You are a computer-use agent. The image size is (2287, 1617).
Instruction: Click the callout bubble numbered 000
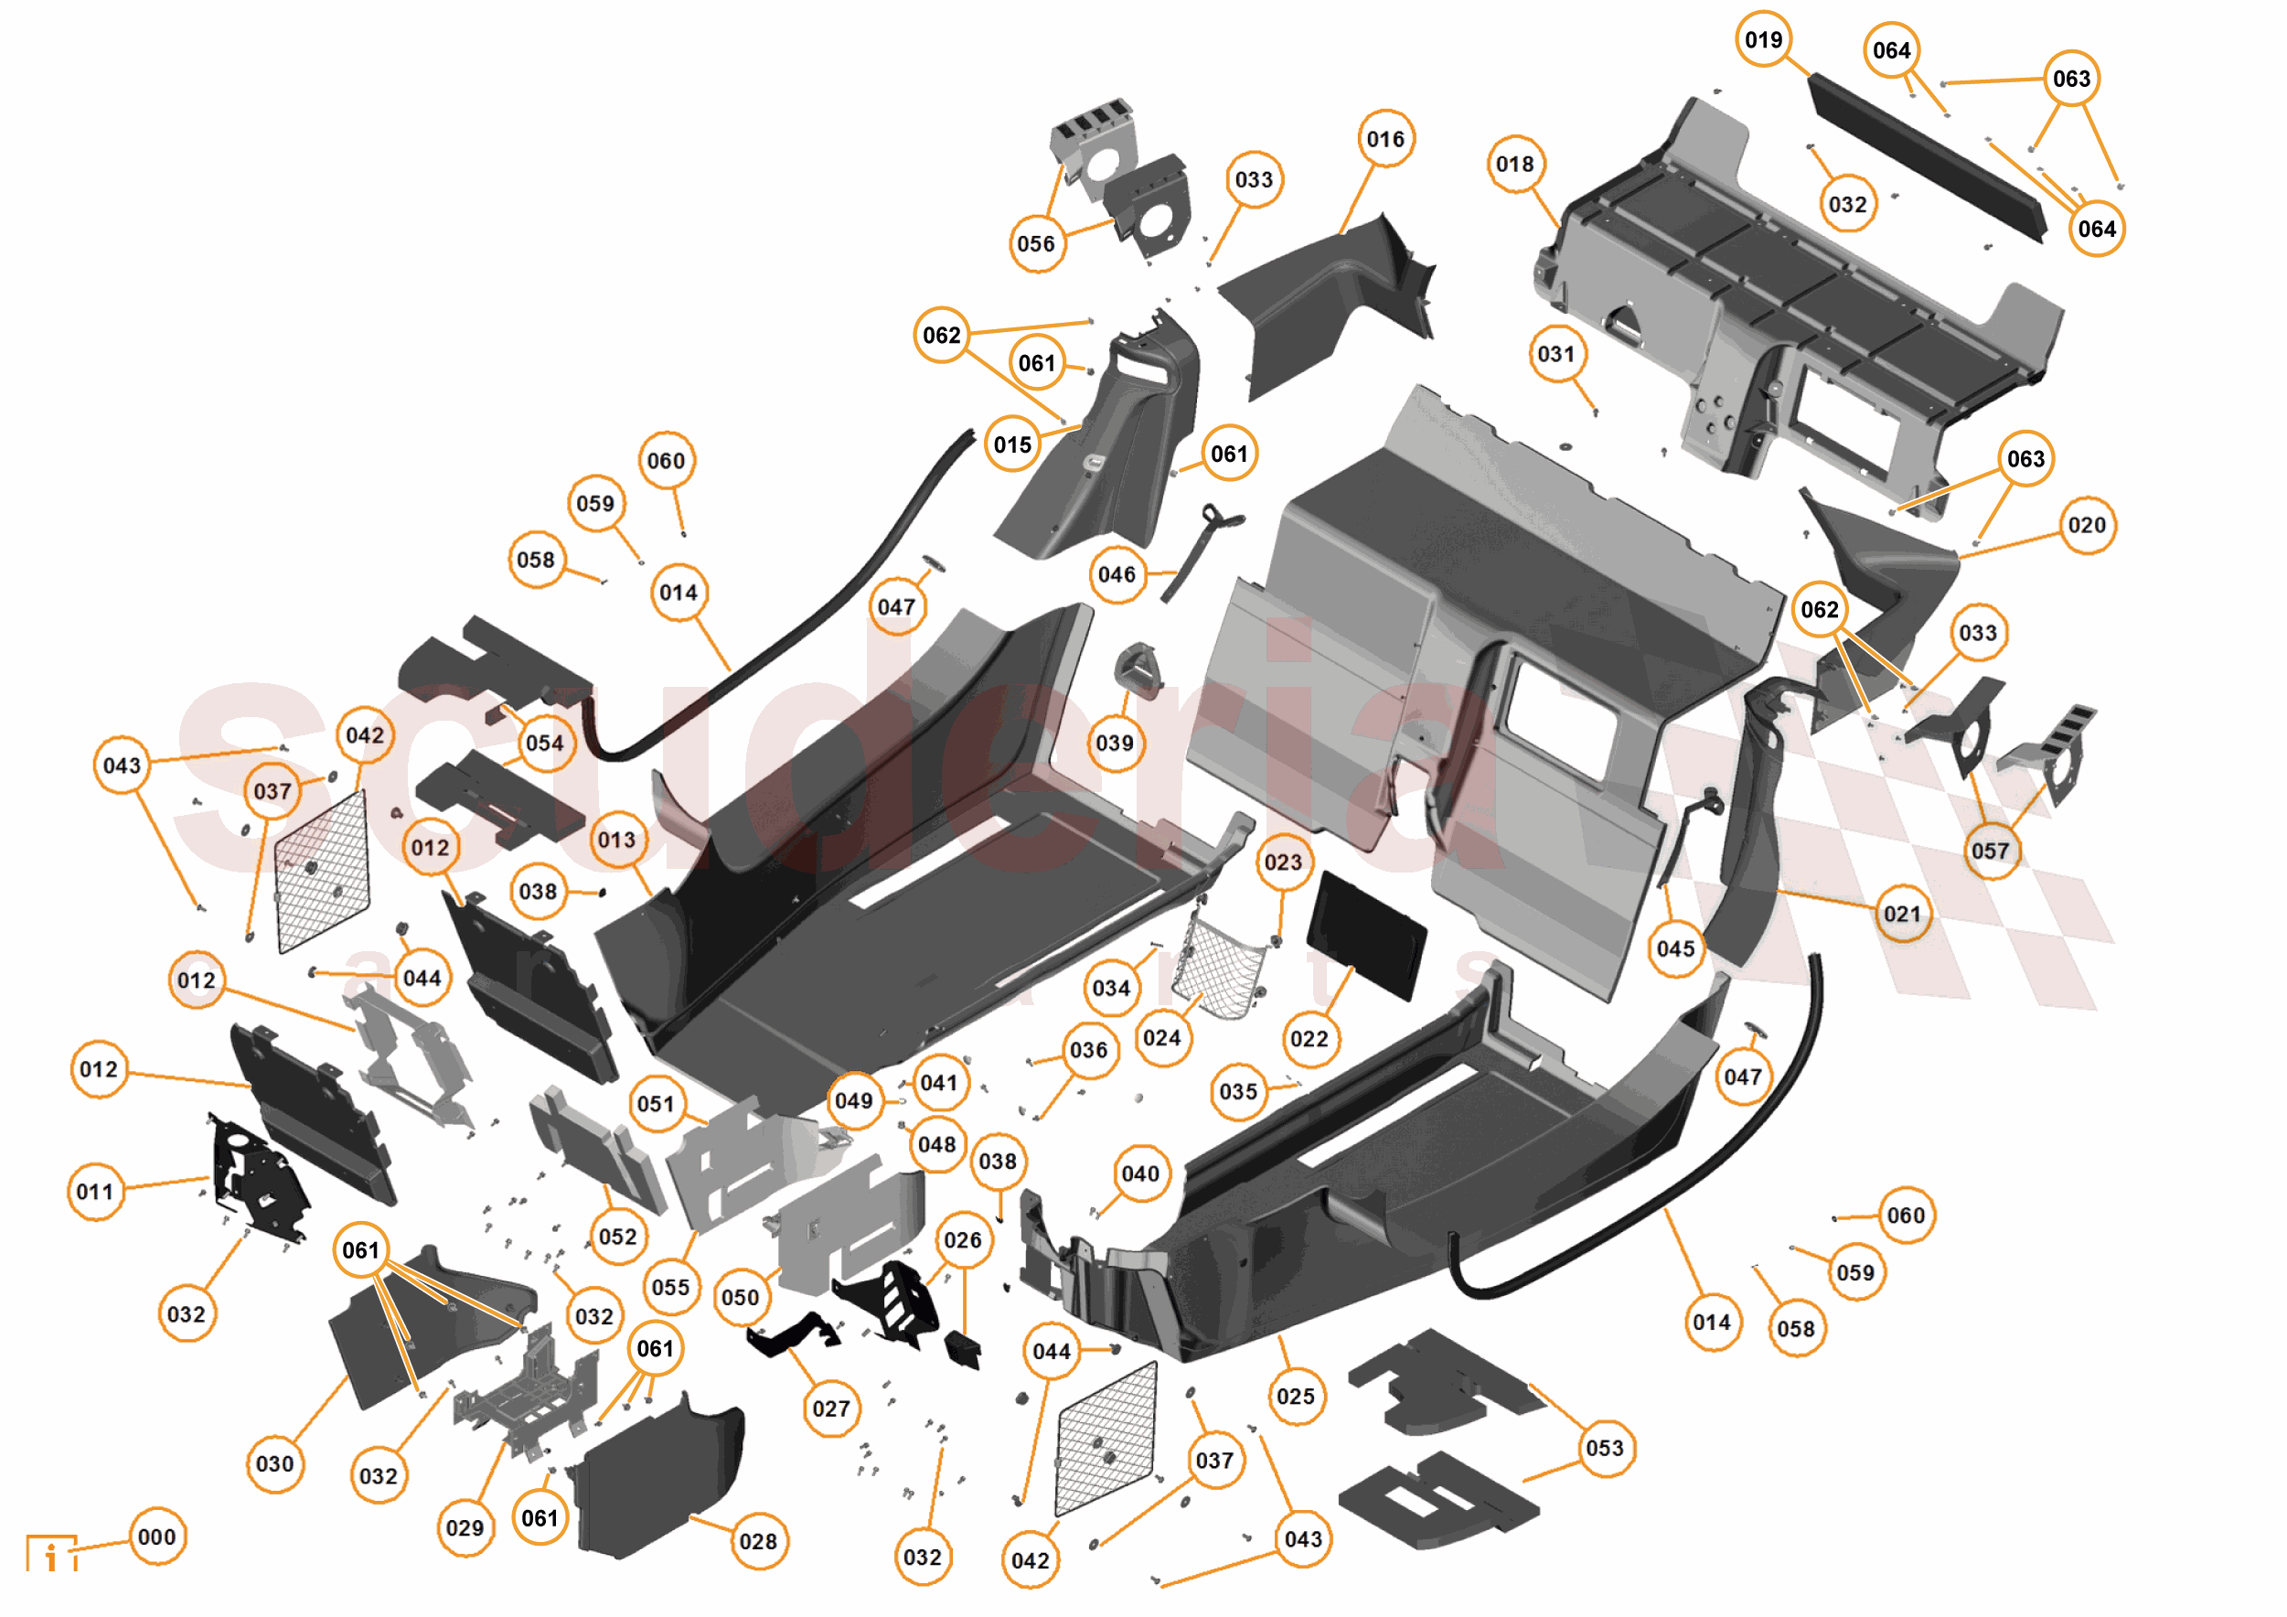(157, 1537)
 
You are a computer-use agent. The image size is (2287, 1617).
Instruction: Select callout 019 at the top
(1763, 40)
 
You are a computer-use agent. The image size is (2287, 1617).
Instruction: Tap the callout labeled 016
(1385, 140)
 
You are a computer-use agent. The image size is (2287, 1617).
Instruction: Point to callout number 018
(1515, 165)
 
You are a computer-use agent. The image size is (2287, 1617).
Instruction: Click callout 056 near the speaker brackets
(1036, 243)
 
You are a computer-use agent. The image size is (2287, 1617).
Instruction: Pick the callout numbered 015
(1013, 444)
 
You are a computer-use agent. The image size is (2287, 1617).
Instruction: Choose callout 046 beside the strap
(1117, 575)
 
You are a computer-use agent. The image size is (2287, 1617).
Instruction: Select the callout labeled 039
(1115, 744)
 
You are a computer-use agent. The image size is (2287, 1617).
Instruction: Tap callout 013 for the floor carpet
(616, 840)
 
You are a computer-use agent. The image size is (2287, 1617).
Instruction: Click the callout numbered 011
(96, 1192)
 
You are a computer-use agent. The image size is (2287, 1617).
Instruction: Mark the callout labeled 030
(275, 1463)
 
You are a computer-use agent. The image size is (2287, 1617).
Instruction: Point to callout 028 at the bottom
(758, 1541)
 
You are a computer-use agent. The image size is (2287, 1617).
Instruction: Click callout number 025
(1296, 1397)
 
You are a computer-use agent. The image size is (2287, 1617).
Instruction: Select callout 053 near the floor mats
(1605, 1448)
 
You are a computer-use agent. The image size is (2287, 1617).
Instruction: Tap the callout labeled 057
(1990, 851)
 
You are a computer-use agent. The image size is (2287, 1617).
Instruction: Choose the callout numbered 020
(2087, 525)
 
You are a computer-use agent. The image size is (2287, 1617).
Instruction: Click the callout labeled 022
(1309, 1039)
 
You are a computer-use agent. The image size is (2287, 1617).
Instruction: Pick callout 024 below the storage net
(1162, 1038)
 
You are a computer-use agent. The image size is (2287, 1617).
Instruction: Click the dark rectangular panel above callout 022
(1365, 935)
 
